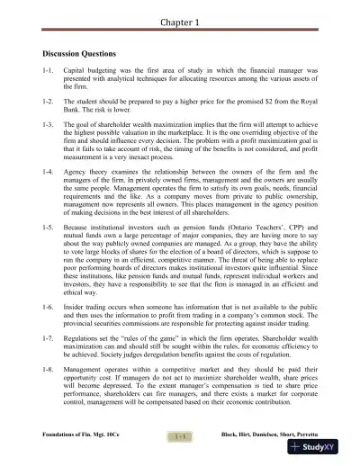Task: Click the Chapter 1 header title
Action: coord(179,22)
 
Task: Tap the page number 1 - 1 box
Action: coord(179,435)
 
